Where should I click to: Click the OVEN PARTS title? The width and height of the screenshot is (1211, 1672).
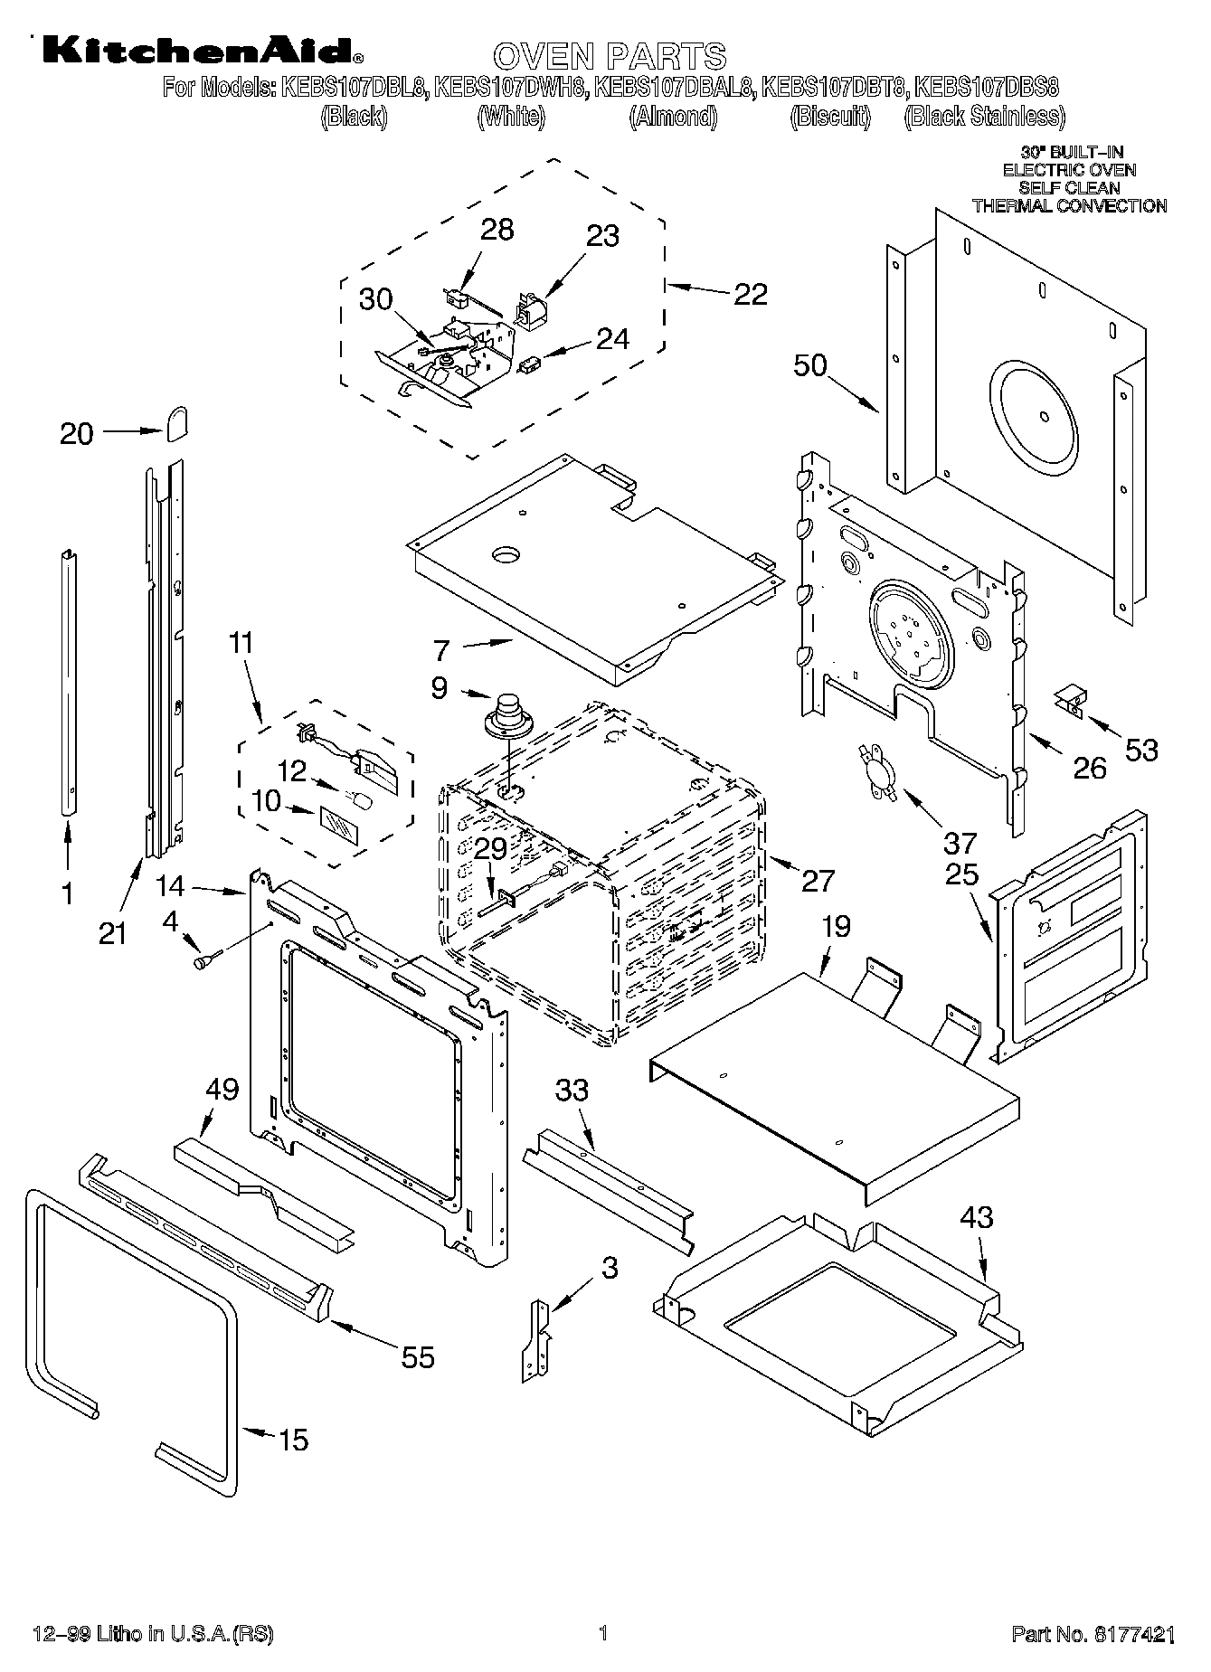[610, 56]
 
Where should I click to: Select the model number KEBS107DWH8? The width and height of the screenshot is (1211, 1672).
[511, 88]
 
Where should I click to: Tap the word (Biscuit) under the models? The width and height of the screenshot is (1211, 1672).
[829, 117]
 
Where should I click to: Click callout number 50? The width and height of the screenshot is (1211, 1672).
[810, 366]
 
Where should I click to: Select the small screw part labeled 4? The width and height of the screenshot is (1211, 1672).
[204, 961]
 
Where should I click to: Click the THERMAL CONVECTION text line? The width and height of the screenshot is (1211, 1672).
[1069, 206]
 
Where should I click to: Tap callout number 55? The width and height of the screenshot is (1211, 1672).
[417, 1357]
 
